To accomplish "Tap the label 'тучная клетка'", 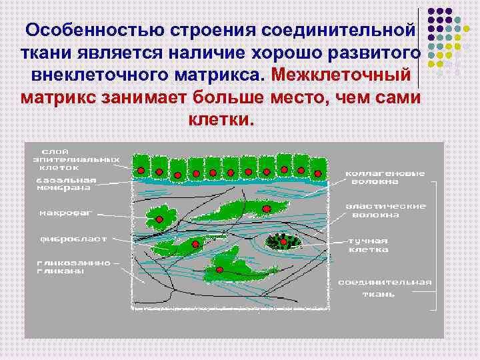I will click(368, 245).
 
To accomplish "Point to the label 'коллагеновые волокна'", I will click(385, 177).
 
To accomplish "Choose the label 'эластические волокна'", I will click(385, 211).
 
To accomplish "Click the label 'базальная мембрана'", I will click(66, 184).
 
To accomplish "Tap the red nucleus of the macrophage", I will click(159, 219).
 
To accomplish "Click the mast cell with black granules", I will click(284, 241).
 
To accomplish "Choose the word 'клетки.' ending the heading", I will click(221, 120).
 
